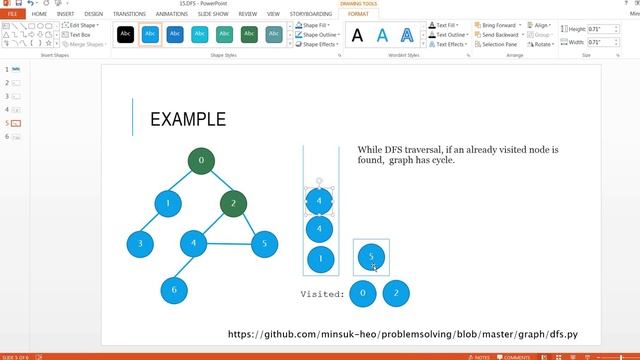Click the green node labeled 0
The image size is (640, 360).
pos(201,160)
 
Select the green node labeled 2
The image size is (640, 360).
pos(233,203)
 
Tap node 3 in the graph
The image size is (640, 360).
pos(140,243)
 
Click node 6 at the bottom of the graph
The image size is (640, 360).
pos(174,290)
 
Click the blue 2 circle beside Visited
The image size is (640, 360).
pos(396,293)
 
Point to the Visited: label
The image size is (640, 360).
pos(322,294)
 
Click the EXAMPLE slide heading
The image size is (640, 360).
pos(187,119)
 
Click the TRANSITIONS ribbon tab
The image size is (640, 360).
pos(129,14)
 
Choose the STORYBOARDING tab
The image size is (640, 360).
pos(311,14)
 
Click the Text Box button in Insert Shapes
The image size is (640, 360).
pos(79,34)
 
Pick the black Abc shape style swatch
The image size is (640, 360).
pos(125,34)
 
